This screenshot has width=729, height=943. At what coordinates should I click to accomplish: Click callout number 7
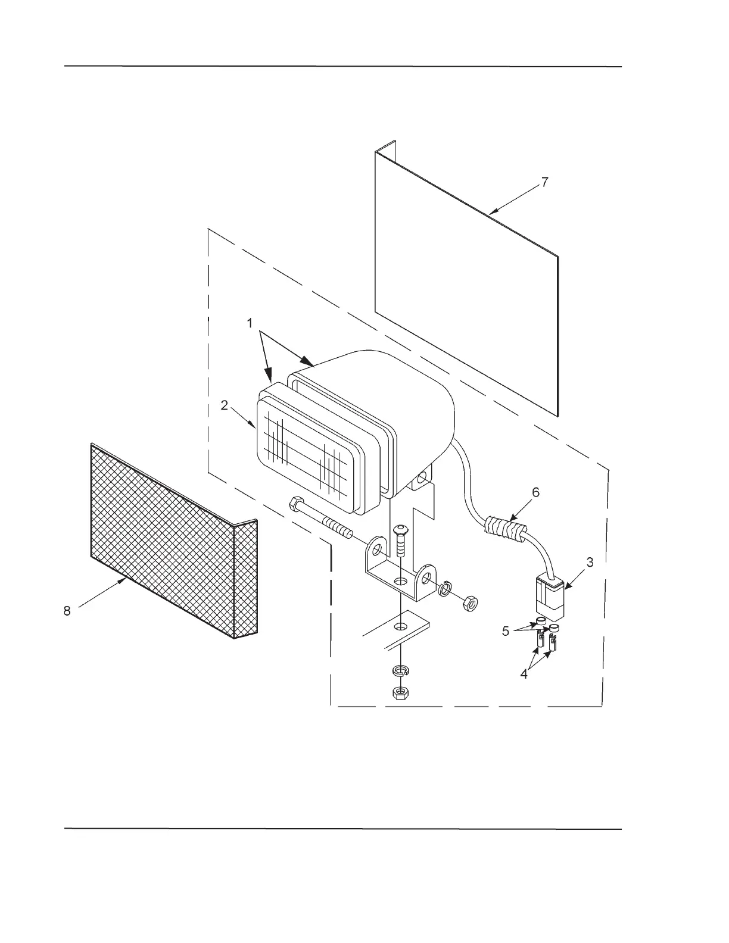click(545, 182)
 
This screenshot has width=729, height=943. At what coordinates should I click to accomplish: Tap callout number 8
click(67, 610)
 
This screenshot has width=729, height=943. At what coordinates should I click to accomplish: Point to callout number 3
click(589, 561)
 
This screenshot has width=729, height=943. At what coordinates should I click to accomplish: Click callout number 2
click(224, 405)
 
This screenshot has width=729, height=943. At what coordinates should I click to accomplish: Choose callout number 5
click(506, 631)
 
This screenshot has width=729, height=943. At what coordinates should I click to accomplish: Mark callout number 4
click(524, 675)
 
